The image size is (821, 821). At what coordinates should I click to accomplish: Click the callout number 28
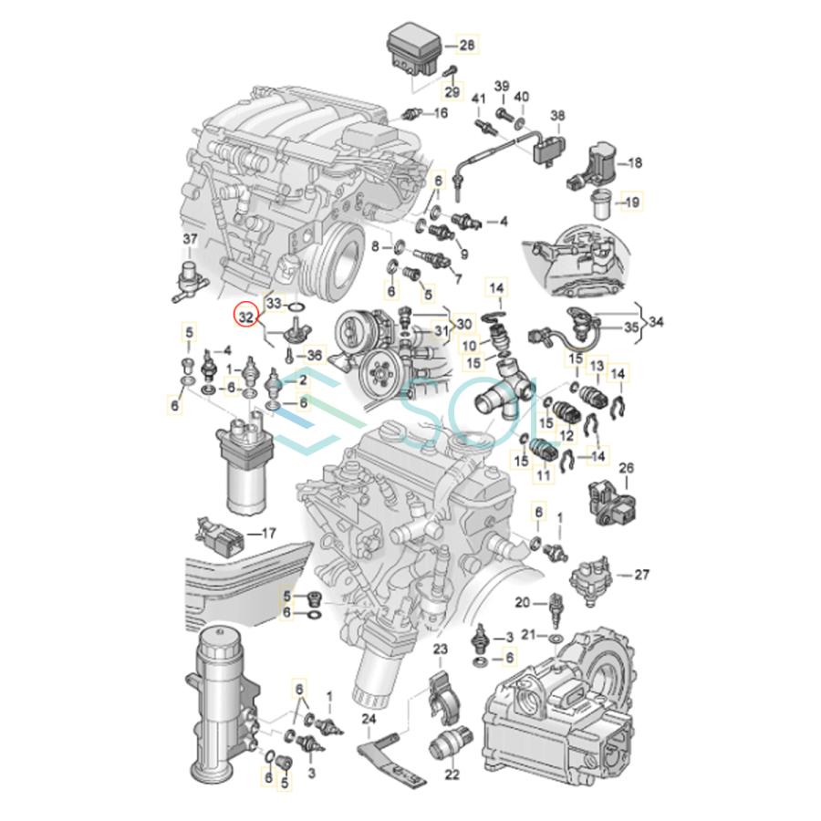tap(466, 45)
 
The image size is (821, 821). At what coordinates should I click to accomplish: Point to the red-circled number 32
tap(245, 317)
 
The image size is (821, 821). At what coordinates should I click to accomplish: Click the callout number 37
tap(189, 240)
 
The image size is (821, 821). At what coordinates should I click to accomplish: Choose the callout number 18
tap(635, 162)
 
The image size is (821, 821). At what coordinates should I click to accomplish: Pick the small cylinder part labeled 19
tap(600, 203)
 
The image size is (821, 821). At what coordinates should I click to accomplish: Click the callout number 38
tap(556, 116)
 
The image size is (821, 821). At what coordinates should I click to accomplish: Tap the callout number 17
tap(268, 533)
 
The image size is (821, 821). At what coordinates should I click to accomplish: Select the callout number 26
tap(626, 468)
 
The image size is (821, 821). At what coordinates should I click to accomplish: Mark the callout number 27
tap(641, 575)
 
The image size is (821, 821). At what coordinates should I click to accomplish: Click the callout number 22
tap(452, 774)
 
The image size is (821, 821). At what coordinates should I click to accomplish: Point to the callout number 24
tap(369, 718)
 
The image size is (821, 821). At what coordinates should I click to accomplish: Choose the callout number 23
tap(441, 649)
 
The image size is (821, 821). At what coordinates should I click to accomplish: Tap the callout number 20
tap(522, 602)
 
